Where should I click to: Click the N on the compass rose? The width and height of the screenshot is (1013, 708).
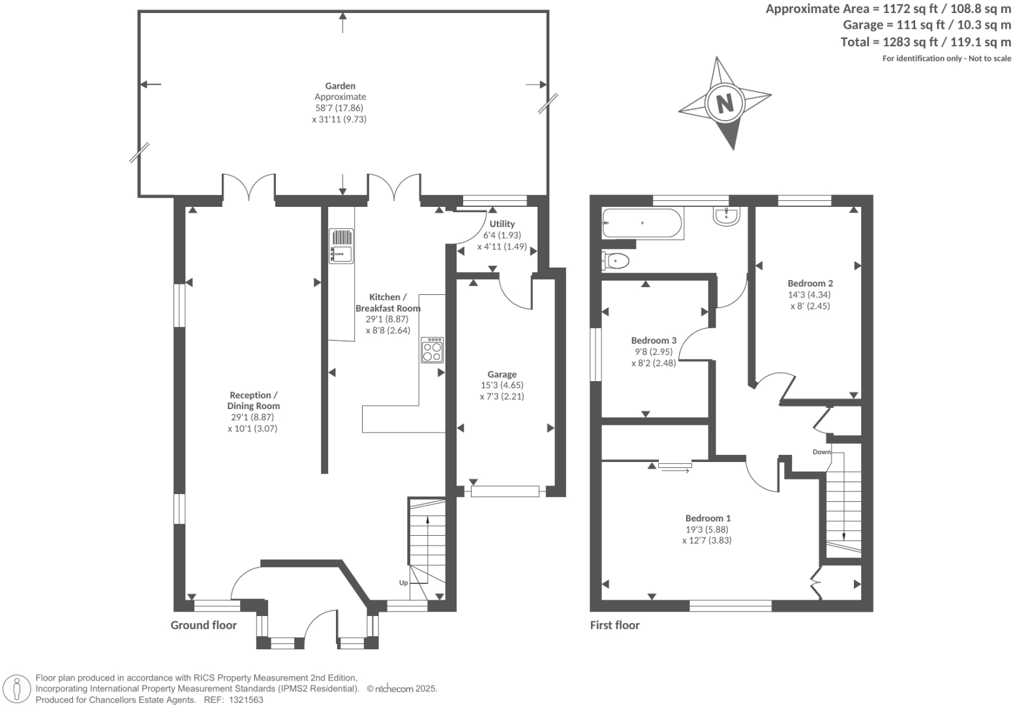click(725, 103)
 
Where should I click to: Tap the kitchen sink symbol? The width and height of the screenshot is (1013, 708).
click(340, 245)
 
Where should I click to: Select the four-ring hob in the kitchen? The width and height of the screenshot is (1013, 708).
click(432, 350)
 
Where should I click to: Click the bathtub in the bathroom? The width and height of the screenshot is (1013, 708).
click(643, 223)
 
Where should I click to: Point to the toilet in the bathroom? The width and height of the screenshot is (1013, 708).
click(616, 261)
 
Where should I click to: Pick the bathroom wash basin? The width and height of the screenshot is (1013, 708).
click(726, 216)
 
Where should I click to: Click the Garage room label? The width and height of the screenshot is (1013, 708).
click(502, 375)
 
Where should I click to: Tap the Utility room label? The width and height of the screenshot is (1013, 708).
click(502, 224)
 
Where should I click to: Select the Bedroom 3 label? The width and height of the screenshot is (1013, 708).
click(654, 341)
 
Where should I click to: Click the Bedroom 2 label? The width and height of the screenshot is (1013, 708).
click(810, 283)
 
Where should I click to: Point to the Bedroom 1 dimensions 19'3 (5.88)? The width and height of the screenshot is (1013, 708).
click(706, 530)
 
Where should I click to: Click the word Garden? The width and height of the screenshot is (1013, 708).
click(340, 85)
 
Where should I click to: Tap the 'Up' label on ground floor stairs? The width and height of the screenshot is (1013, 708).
click(403, 583)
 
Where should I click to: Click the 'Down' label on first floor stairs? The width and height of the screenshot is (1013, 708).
click(821, 452)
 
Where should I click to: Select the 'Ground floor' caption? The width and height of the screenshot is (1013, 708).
click(204, 625)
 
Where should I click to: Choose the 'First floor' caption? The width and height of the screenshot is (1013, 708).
click(614, 625)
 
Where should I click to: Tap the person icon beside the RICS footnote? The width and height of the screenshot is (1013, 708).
click(18, 689)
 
